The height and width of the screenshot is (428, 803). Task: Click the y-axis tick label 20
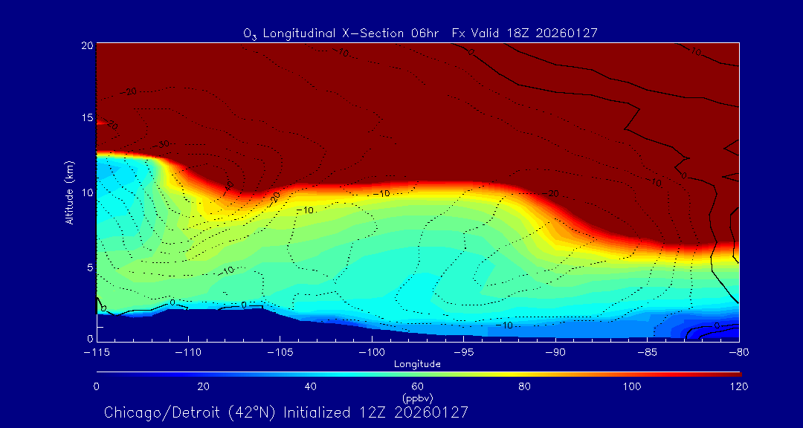[86, 45]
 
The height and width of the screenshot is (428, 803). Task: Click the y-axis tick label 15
[86, 119]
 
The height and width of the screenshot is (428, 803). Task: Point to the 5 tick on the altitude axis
[89, 267]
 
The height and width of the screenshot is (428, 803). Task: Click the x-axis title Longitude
[418, 364]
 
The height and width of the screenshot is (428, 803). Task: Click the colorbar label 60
[418, 386]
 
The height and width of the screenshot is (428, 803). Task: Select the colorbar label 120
[738, 386]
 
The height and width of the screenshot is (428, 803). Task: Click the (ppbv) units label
[418, 398]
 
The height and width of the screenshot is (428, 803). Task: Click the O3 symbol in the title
[250, 33]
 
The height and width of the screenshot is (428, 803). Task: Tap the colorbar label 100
[632, 386]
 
